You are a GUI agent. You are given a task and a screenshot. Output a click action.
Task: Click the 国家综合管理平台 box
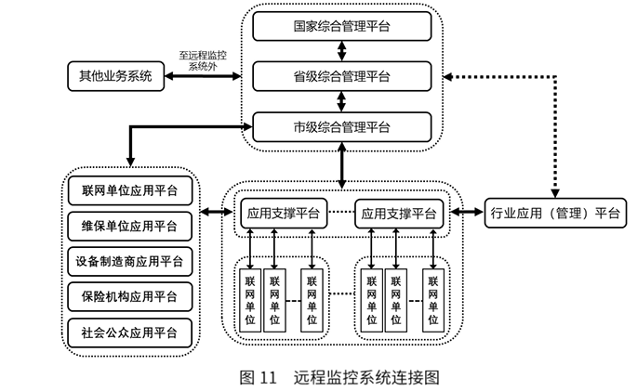click(342, 24)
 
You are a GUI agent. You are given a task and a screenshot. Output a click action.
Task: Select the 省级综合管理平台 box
click(342, 75)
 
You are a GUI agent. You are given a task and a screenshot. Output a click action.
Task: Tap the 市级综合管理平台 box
click(342, 126)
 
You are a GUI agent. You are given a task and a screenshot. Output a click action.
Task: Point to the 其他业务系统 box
click(115, 75)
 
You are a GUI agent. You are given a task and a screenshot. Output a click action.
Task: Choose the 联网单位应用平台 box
click(130, 192)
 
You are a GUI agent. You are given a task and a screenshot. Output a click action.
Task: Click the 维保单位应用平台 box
click(130, 226)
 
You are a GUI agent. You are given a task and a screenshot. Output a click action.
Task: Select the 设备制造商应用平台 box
click(130, 260)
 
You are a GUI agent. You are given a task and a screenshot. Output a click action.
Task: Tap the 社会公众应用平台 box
click(130, 330)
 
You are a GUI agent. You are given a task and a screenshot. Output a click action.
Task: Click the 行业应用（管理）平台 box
click(556, 214)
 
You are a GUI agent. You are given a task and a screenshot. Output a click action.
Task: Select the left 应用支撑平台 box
click(284, 214)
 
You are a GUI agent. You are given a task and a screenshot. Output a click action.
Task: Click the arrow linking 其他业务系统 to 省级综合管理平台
click(209, 76)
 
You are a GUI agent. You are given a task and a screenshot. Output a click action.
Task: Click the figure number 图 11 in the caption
click(259, 377)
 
